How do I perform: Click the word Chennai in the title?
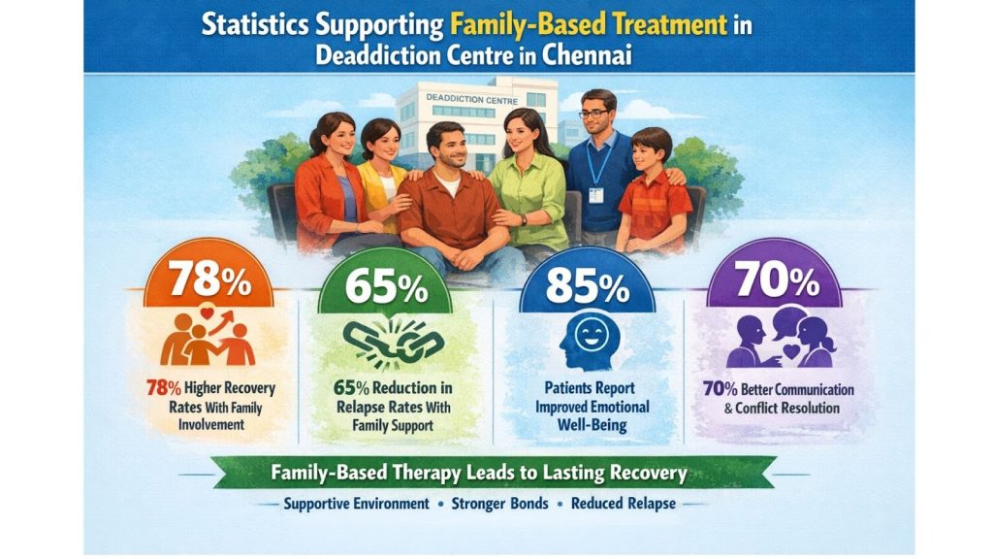coord(587,55)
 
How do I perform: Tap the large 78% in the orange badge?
coord(209,278)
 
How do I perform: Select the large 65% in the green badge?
coord(386,287)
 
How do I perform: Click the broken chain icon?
coord(394,344)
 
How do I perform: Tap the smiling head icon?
coord(589,343)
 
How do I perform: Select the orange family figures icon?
coord(208,336)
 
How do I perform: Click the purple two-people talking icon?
coord(781,337)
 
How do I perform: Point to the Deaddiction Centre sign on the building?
coord(472,99)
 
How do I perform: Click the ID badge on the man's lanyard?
coord(596,194)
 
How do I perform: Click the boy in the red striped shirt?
coord(653,190)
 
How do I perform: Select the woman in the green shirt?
coord(529,183)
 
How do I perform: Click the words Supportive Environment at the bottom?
coord(356,504)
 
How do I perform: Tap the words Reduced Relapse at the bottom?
coord(624,504)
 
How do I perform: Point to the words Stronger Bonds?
coord(499,504)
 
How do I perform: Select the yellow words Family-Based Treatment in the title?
coord(589,24)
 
